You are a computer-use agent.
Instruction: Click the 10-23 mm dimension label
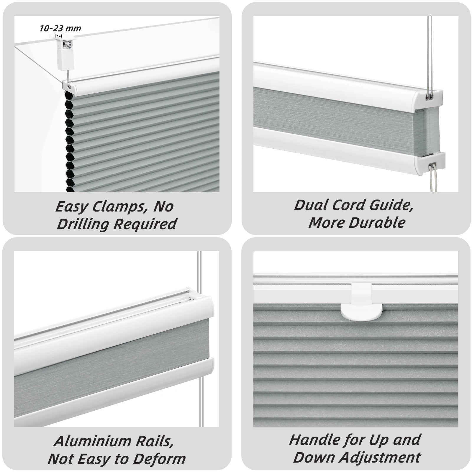pyautogui.click(x=60, y=28)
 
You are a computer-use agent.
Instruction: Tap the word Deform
pyautogui.click(x=159, y=459)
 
